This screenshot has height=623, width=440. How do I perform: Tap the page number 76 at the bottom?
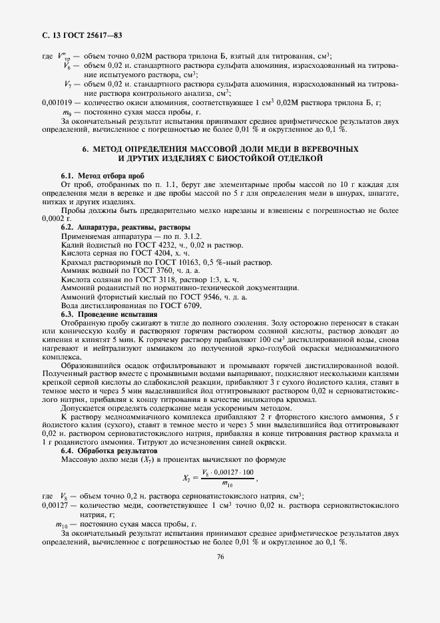coord(220,557)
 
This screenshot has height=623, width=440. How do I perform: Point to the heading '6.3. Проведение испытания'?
coord(109,313)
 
